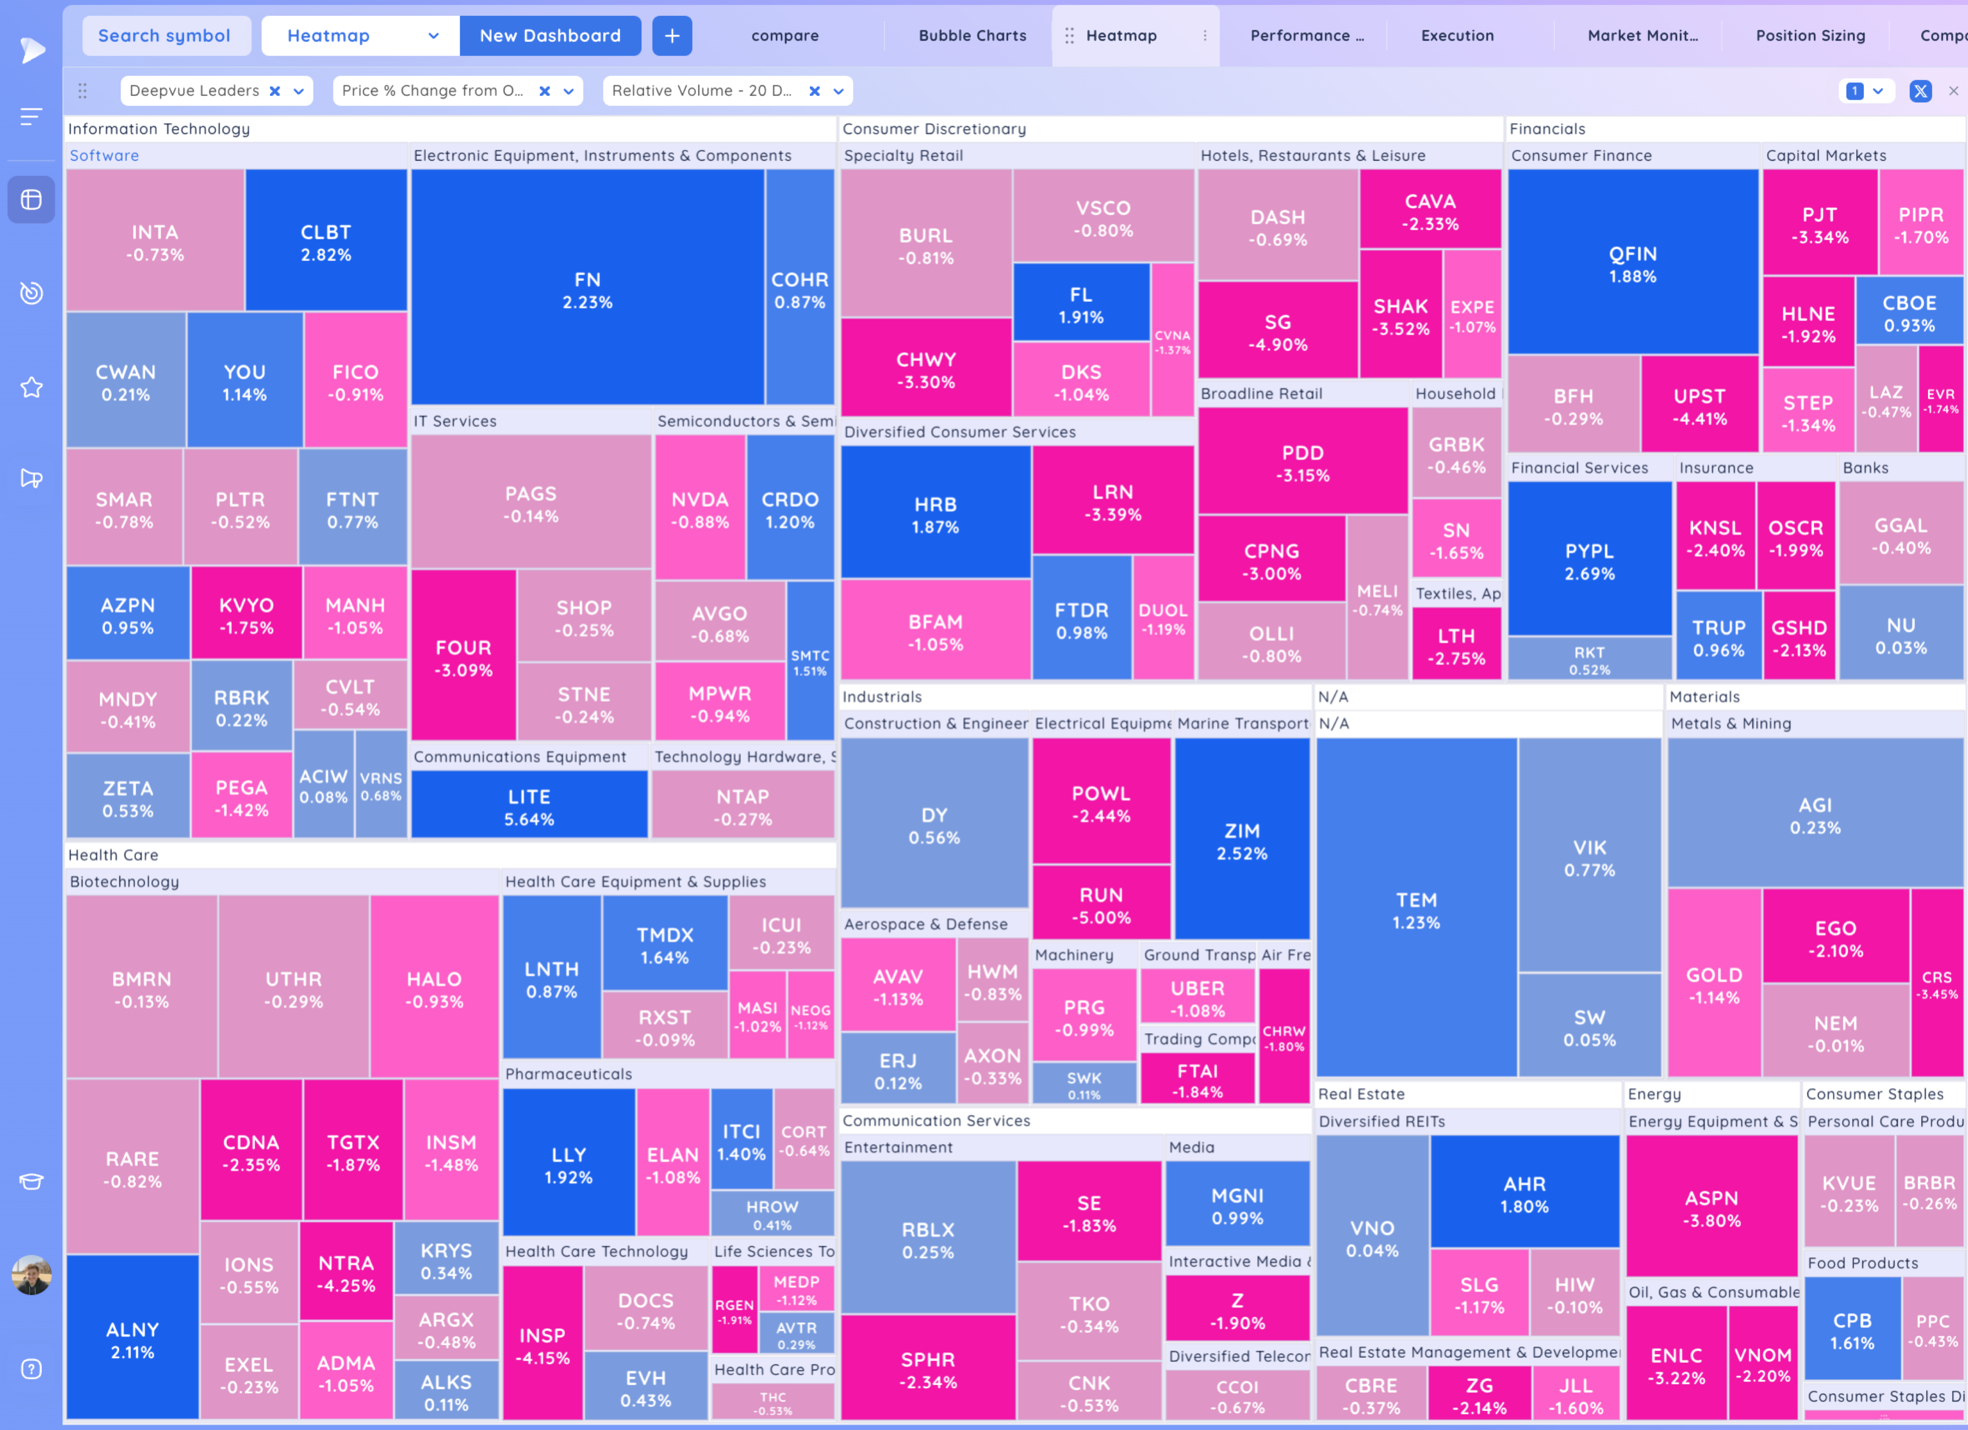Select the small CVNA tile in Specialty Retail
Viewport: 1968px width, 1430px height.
click(1172, 342)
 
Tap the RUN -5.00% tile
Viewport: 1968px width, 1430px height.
click(1100, 905)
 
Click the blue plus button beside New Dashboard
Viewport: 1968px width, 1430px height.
click(672, 35)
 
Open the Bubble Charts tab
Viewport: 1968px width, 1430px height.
click(972, 35)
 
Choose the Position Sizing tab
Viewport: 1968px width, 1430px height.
click(1810, 35)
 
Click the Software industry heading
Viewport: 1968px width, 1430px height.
click(104, 155)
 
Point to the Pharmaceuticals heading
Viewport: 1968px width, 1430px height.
click(568, 1073)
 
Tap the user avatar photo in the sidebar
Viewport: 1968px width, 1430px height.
click(31, 1275)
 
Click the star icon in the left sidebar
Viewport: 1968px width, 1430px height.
click(31, 387)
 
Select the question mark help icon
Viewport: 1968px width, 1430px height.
click(31, 1368)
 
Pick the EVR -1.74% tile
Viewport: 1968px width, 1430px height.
click(1940, 400)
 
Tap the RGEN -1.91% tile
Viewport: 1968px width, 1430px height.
click(733, 1310)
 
